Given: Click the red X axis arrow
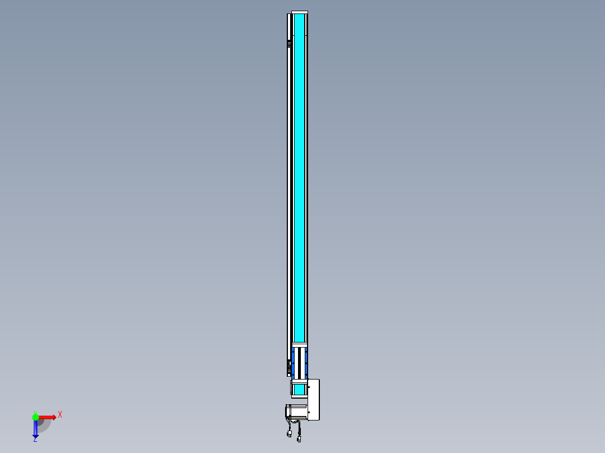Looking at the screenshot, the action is pyautogui.click(x=48, y=417).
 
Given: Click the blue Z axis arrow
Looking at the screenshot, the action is pyautogui.click(x=35, y=429).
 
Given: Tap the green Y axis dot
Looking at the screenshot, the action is pyautogui.click(x=35, y=417).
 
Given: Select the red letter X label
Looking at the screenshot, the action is pyautogui.click(x=60, y=414).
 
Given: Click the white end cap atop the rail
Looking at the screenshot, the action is pyautogui.click(x=300, y=12).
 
